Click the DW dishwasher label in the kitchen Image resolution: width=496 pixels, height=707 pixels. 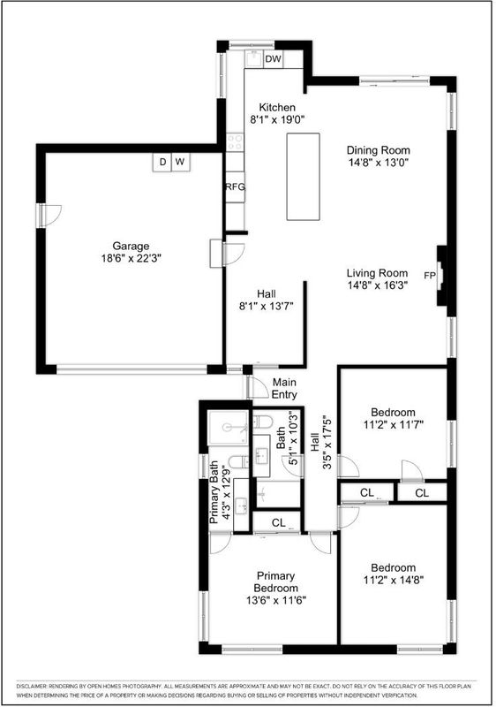[273, 59]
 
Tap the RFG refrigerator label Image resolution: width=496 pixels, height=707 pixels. [235, 186]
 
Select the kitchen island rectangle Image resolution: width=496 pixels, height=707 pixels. [304, 176]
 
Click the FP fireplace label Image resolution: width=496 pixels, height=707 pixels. [430, 275]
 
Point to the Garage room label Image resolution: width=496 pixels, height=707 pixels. [131, 247]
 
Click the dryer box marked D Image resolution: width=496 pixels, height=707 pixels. [162, 163]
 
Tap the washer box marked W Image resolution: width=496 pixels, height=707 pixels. [181, 163]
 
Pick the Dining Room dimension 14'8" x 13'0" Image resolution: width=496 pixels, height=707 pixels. [378, 163]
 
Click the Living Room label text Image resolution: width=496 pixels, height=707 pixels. [377, 273]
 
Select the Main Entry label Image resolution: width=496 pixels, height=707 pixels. [284, 389]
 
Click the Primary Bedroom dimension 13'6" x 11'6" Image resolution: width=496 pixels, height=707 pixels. [276, 601]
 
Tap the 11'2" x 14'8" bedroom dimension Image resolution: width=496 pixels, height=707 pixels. [394, 580]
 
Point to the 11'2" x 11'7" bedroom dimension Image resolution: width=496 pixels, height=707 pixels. [394, 424]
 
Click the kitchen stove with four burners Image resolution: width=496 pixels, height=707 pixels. [235, 142]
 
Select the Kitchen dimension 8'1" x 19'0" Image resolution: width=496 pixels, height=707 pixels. [277, 119]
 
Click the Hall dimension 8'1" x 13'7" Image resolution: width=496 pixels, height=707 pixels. [266, 307]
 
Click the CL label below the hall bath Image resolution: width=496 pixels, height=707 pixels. [279, 522]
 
